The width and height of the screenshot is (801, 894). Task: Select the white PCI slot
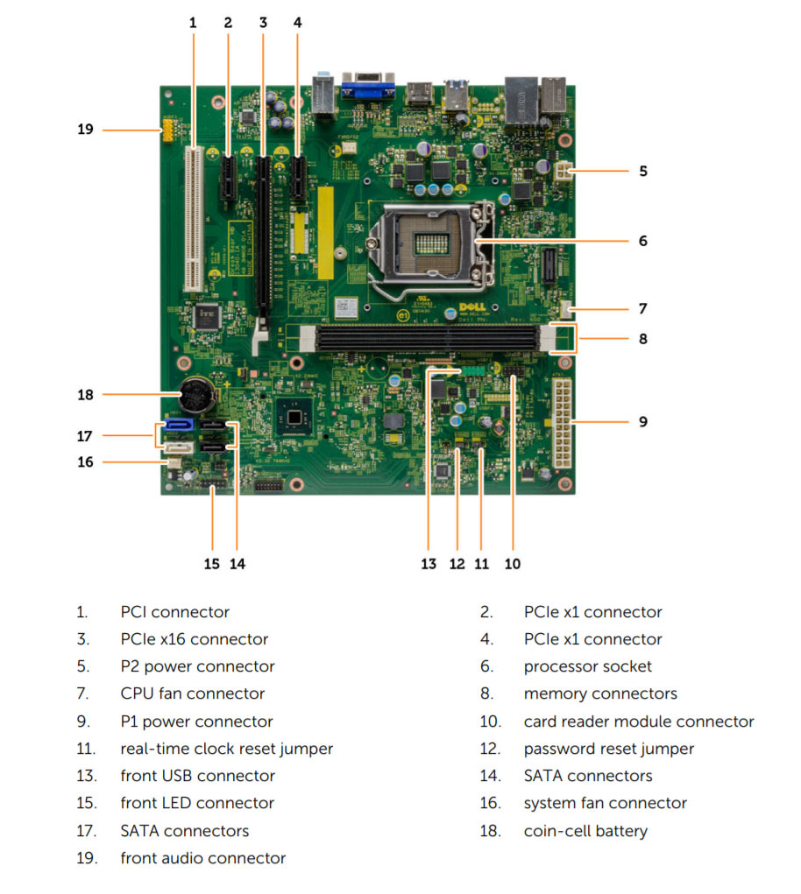[x=192, y=219]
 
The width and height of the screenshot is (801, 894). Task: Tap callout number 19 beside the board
[x=85, y=130]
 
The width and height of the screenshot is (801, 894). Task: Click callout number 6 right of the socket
[x=642, y=241]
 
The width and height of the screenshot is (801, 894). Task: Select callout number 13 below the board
[x=428, y=564]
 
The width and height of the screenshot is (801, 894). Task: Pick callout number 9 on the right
[x=642, y=421]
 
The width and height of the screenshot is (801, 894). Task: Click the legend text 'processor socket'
[x=587, y=666]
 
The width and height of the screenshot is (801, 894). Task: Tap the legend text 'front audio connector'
[x=202, y=858]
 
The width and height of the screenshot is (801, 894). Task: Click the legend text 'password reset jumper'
[x=608, y=749]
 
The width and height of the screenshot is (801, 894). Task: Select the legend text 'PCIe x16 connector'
[x=194, y=639]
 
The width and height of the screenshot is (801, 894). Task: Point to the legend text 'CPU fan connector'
[x=192, y=693]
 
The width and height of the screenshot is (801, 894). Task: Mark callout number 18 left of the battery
[x=85, y=395]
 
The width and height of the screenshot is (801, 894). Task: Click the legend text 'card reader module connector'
[x=638, y=722]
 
